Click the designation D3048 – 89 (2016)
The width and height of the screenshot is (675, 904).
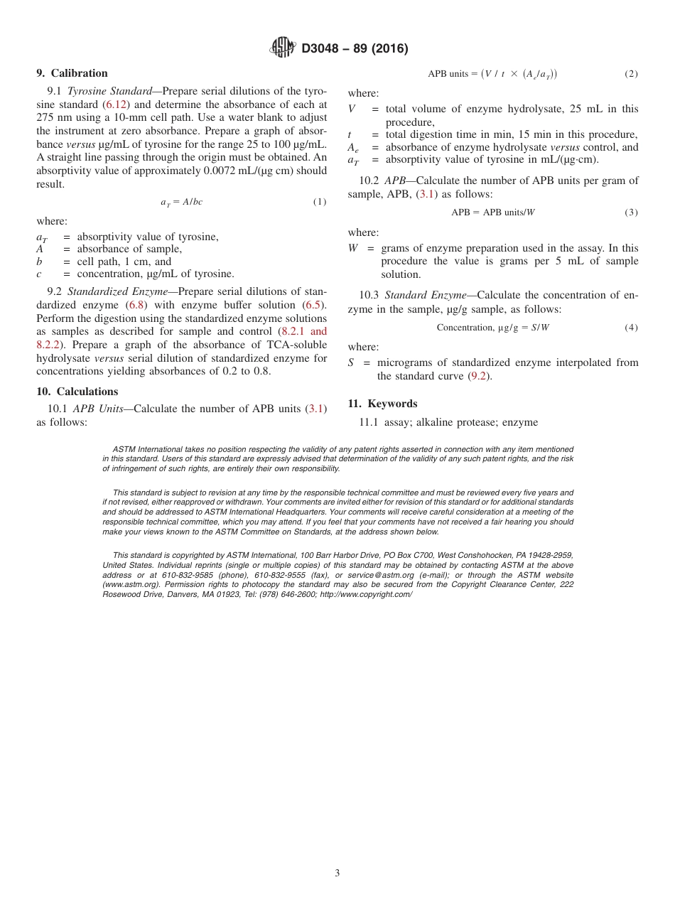pyautogui.click(x=355, y=49)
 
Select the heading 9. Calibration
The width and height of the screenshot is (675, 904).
pyautogui.click(x=72, y=73)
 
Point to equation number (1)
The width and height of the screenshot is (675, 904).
pyautogui.click(x=320, y=202)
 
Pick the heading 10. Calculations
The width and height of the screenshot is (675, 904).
pyautogui.click(x=77, y=392)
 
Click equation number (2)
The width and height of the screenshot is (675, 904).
pyautogui.click(x=631, y=74)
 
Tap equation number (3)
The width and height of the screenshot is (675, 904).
pyautogui.click(x=631, y=212)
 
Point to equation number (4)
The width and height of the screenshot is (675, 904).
pyautogui.click(x=631, y=328)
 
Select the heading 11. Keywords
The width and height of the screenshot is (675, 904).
pyautogui.click(x=382, y=404)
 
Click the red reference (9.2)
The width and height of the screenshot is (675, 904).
pyautogui.click(x=480, y=376)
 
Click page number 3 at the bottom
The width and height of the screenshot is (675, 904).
pyautogui.click(x=337, y=873)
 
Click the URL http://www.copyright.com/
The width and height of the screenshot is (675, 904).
pyautogui.click(x=366, y=594)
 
